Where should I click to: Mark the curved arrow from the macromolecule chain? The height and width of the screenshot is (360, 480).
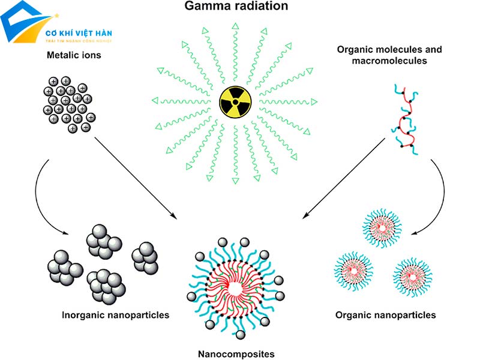(x=441, y=192)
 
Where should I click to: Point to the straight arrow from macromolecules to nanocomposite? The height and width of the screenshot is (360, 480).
(x=345, y=174)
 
